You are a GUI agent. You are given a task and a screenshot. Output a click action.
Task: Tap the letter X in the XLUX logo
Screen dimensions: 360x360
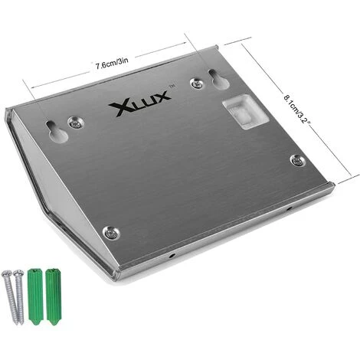pos(118,109)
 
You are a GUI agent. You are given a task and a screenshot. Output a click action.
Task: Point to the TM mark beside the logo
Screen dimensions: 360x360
pos(172,87)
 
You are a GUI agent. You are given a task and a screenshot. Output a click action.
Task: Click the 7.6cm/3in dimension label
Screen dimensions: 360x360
pos(112,64)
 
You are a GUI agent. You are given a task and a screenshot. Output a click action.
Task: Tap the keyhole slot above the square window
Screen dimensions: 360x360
pos(218,79)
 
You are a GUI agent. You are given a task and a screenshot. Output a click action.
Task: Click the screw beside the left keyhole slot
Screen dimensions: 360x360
pos(76,123)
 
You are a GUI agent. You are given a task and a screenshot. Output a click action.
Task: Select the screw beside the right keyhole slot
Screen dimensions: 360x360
pos(197,83)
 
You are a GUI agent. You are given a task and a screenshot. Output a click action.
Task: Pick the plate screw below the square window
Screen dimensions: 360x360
pos(298,161)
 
